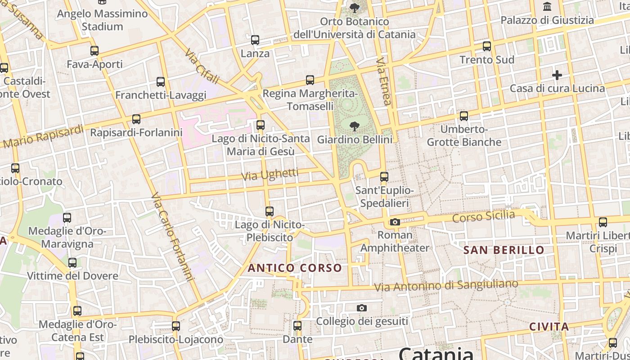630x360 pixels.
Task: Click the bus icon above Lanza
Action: click(255, 40)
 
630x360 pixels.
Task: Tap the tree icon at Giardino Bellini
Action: click(355, 126)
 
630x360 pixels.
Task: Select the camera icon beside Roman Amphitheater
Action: click(395, 222)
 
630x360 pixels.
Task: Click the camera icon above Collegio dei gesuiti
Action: click(362, 308)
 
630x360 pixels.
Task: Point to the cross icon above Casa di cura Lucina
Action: click(557, 75)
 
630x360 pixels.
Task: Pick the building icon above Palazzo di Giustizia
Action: click(547, 6)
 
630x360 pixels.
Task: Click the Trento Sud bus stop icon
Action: click(486, 46)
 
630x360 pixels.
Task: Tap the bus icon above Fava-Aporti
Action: click(94, 50)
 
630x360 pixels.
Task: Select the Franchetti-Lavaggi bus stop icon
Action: click(161, 82)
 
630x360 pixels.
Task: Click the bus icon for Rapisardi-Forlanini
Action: click(136, 119)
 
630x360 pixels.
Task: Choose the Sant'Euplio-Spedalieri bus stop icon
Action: click(384, 177)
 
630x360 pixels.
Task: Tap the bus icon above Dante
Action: click(297, 325)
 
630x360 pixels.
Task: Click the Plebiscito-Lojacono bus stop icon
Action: click(176, 326)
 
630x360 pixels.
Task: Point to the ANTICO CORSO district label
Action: click(295, 268)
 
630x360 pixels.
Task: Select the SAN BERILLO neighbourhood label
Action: click(504, 250)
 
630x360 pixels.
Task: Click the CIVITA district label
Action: click(549, 327)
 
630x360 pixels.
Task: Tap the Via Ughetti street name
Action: click(270, 175)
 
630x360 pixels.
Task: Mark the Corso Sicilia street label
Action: click(483, 216)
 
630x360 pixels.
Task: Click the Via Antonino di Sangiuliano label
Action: click(446, 285)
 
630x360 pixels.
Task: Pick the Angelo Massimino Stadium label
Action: click(103, 20)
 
